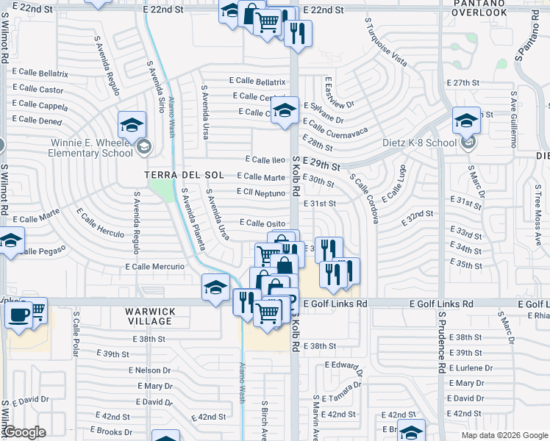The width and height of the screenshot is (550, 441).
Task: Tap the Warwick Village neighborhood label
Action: point(145,317)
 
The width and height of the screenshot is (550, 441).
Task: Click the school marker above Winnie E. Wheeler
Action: point(131,123)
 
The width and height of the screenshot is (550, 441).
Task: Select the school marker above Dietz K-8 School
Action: point(465,119)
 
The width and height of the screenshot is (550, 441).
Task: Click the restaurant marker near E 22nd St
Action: point(298,32)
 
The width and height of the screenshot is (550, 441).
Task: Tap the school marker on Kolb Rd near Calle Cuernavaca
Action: point(283,111)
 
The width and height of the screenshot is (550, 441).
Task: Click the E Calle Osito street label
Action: point(262,223)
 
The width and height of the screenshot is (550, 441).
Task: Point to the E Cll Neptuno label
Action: point(260,192)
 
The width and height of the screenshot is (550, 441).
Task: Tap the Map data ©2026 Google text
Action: point(504,435)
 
